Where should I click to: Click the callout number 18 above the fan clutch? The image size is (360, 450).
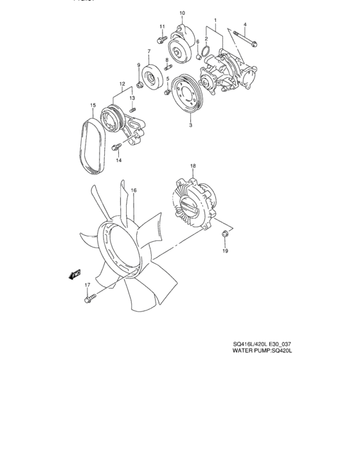192,166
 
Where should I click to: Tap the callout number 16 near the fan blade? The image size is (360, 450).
134,190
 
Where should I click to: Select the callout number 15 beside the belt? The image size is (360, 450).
93,105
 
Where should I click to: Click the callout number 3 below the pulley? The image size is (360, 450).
190,126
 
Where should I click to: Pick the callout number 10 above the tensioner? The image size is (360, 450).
182,13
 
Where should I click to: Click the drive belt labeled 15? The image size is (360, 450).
91,148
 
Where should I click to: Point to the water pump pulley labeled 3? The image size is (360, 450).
188,94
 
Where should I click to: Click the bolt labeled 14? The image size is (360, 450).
116,148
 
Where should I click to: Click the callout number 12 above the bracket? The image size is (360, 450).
122,84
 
